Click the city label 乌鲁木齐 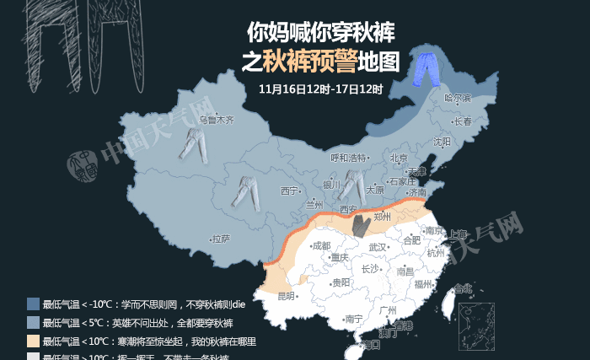click(x=216, y=121)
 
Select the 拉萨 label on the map click(x=221, y=239)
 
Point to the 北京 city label click(x=400, y=159)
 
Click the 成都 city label click(x=321, y=246)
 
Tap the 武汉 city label click(x=379, y=247)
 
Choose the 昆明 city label click(x=287, y=296)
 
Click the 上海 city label click(x=459, y=233)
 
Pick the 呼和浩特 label click(x=348, y=158)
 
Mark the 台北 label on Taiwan click(x=464, y=288)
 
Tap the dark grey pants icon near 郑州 click(x=362, y=225)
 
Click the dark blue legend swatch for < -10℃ click(x=33, y=304)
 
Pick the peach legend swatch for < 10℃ click(x=33, y=341)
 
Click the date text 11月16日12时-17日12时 click(x=320, y=89)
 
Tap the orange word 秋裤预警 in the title click(x=308, y=61)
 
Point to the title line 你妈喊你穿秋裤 click(x=320, y=32)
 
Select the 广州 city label click(x=389, y=311)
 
